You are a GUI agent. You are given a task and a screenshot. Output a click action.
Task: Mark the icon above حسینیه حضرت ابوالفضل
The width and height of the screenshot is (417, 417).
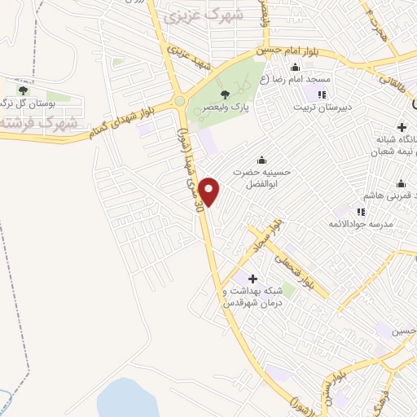click(261, 159)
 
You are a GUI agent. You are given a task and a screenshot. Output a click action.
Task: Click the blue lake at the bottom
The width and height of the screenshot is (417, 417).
click(130, 398)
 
